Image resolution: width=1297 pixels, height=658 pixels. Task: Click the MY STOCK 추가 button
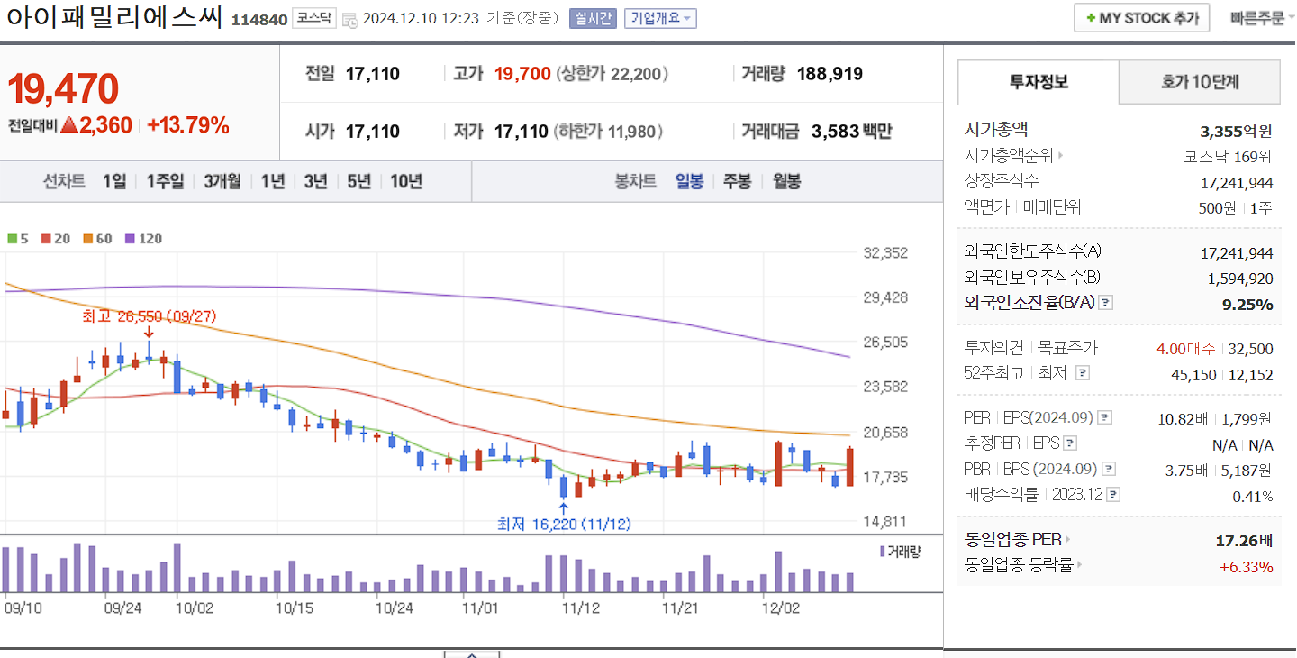pyautogui.click(x=1142, y=18)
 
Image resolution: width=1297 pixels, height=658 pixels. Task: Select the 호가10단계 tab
pyautogui.click(x=1200, y=82)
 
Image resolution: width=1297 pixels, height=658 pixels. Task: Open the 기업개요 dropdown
pyautogui.click(x=660, y=18)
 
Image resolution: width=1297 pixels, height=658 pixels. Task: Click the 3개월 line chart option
pyautogui.click(x=222, y=181)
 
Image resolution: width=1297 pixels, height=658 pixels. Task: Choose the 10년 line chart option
pyautogui.click(x=406, y=181)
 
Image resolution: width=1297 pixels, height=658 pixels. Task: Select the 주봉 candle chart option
pyautogui.click(x=737, y=181)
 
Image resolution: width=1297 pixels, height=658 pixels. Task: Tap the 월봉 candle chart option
pyautogui.click(x=786, y=181)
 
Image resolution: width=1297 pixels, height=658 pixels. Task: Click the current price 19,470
pyautogui.click(x=63, y=88)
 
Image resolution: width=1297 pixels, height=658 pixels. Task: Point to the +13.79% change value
pyautogui.click(x=187, y=125)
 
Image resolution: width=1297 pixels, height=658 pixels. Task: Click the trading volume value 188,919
pyautogui.click(x=830, y=74)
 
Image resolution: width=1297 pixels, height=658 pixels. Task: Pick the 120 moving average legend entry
pyautogui.click(x=144, y=239)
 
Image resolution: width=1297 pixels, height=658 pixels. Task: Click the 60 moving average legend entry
pyautogui.click(x=98, y=239)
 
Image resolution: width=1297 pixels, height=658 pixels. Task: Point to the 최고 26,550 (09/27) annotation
pyautogui.click(x=149, y=316)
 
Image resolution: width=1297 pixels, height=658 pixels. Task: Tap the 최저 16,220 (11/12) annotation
pyautogui.click(x=563, y=524)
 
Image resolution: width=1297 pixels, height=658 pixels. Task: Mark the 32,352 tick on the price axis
pyautogui.click(x=885, y=253)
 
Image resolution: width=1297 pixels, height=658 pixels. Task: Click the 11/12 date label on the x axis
pyautogui.click(x=581, y=608)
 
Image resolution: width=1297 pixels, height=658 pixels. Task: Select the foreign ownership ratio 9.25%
pyautogui.click(x=1247, y=305)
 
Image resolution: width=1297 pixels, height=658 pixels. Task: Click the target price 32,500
pyautogui.click(x=1250, y=349)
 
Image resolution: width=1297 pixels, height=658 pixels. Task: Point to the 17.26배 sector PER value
pyautogui.click(x=1244, y=541)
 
